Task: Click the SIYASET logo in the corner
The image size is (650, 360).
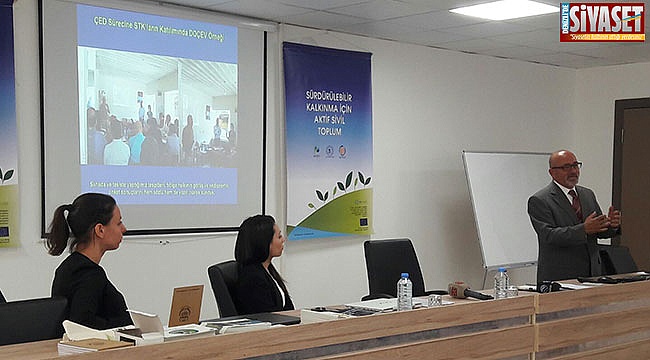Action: (x=602, y=21)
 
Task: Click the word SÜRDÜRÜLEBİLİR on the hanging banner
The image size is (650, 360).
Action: (x=327, y=95)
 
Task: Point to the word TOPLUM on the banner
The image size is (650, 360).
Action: (x=327, y=132)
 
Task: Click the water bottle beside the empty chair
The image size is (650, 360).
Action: (x=404, y=291)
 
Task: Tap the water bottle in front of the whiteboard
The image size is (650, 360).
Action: (x=500, y=282)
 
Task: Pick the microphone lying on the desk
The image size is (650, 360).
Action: (x=469, y=291)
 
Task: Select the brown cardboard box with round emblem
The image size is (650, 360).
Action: (x=186, y=305)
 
